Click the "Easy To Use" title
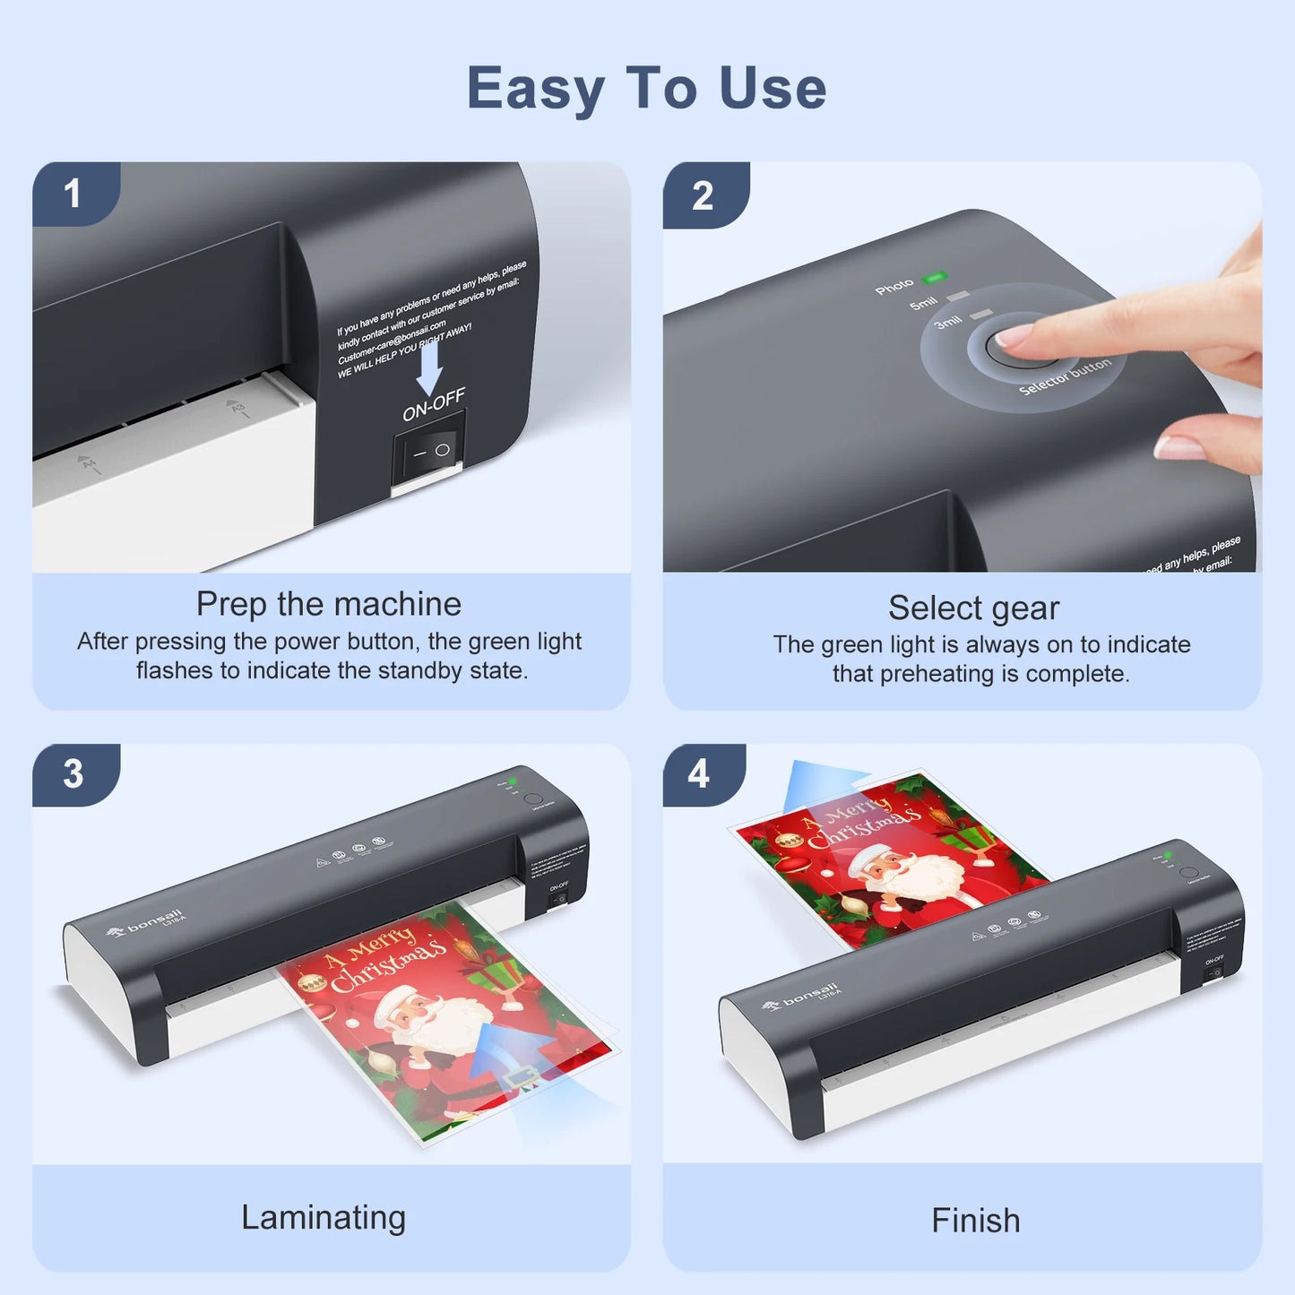646,88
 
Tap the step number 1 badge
73,194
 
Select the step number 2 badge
703,195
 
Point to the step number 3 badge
73,774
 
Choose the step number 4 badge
699,773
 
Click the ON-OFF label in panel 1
434,405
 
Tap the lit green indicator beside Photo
935,278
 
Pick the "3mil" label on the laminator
947,322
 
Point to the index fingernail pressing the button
1013,337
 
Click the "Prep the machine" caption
329,604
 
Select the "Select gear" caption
973,608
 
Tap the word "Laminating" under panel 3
324,1217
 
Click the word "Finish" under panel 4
975,1221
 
